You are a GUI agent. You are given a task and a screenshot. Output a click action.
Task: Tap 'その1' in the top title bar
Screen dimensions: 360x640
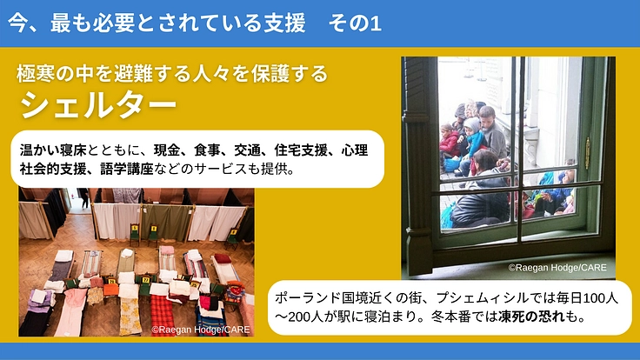coord(356,24)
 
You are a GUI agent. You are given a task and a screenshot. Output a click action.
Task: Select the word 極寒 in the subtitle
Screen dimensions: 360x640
coord(36,74)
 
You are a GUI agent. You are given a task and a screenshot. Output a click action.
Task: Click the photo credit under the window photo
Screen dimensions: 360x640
coord(557,268)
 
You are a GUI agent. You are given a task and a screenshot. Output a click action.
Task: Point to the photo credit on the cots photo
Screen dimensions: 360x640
coord(199,330)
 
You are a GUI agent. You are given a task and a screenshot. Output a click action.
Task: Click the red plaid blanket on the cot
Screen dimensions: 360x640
coord(161,311)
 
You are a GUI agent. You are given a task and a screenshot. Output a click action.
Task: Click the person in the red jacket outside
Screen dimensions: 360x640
coord(449,139)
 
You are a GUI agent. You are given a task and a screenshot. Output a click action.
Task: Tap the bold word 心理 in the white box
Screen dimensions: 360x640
coord(355,150)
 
